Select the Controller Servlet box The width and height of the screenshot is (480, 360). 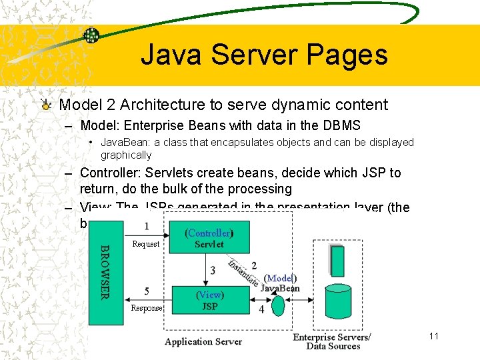(209, 237)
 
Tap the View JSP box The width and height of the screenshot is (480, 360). (209, 301)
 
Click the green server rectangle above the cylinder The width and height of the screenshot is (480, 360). (337, 261)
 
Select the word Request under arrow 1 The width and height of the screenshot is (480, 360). (145, 244)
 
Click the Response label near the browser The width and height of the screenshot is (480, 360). (146, 308)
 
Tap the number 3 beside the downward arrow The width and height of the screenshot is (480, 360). (213, 270)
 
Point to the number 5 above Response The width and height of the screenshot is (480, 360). (147, 291)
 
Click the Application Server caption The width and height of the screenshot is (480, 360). (203, 341)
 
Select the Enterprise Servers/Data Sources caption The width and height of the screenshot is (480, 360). (331, 341)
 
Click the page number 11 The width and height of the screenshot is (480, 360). (434, 336)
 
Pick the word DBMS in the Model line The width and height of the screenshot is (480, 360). (339, 125)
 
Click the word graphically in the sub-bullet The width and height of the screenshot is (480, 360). (126, 155)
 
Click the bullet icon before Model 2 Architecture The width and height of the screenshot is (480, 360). (45, 105)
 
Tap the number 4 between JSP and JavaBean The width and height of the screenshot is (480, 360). (261, 309)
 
